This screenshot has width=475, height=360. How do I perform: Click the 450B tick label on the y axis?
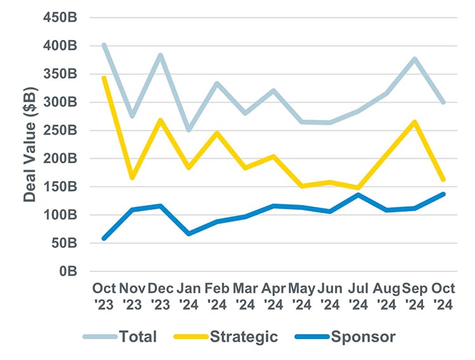60,17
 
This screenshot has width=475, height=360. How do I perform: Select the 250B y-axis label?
60,130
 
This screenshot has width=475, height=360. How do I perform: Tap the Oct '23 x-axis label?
104,295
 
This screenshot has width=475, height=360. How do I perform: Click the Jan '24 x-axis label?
189,295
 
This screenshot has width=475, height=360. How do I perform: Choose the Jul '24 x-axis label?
358,295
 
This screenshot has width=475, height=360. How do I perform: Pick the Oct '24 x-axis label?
443,295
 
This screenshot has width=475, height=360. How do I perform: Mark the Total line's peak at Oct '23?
104,45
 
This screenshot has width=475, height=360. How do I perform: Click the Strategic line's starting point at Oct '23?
104,78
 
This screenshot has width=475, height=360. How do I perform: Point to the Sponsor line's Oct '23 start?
104,238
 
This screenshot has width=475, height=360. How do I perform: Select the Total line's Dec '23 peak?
161,55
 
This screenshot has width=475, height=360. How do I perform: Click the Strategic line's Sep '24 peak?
415,122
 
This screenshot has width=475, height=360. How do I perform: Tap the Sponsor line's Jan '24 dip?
189,233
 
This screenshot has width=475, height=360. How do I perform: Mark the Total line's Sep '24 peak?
415,59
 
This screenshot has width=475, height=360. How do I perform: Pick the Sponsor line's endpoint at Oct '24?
443,194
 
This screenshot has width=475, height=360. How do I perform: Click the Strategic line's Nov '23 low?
132,178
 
